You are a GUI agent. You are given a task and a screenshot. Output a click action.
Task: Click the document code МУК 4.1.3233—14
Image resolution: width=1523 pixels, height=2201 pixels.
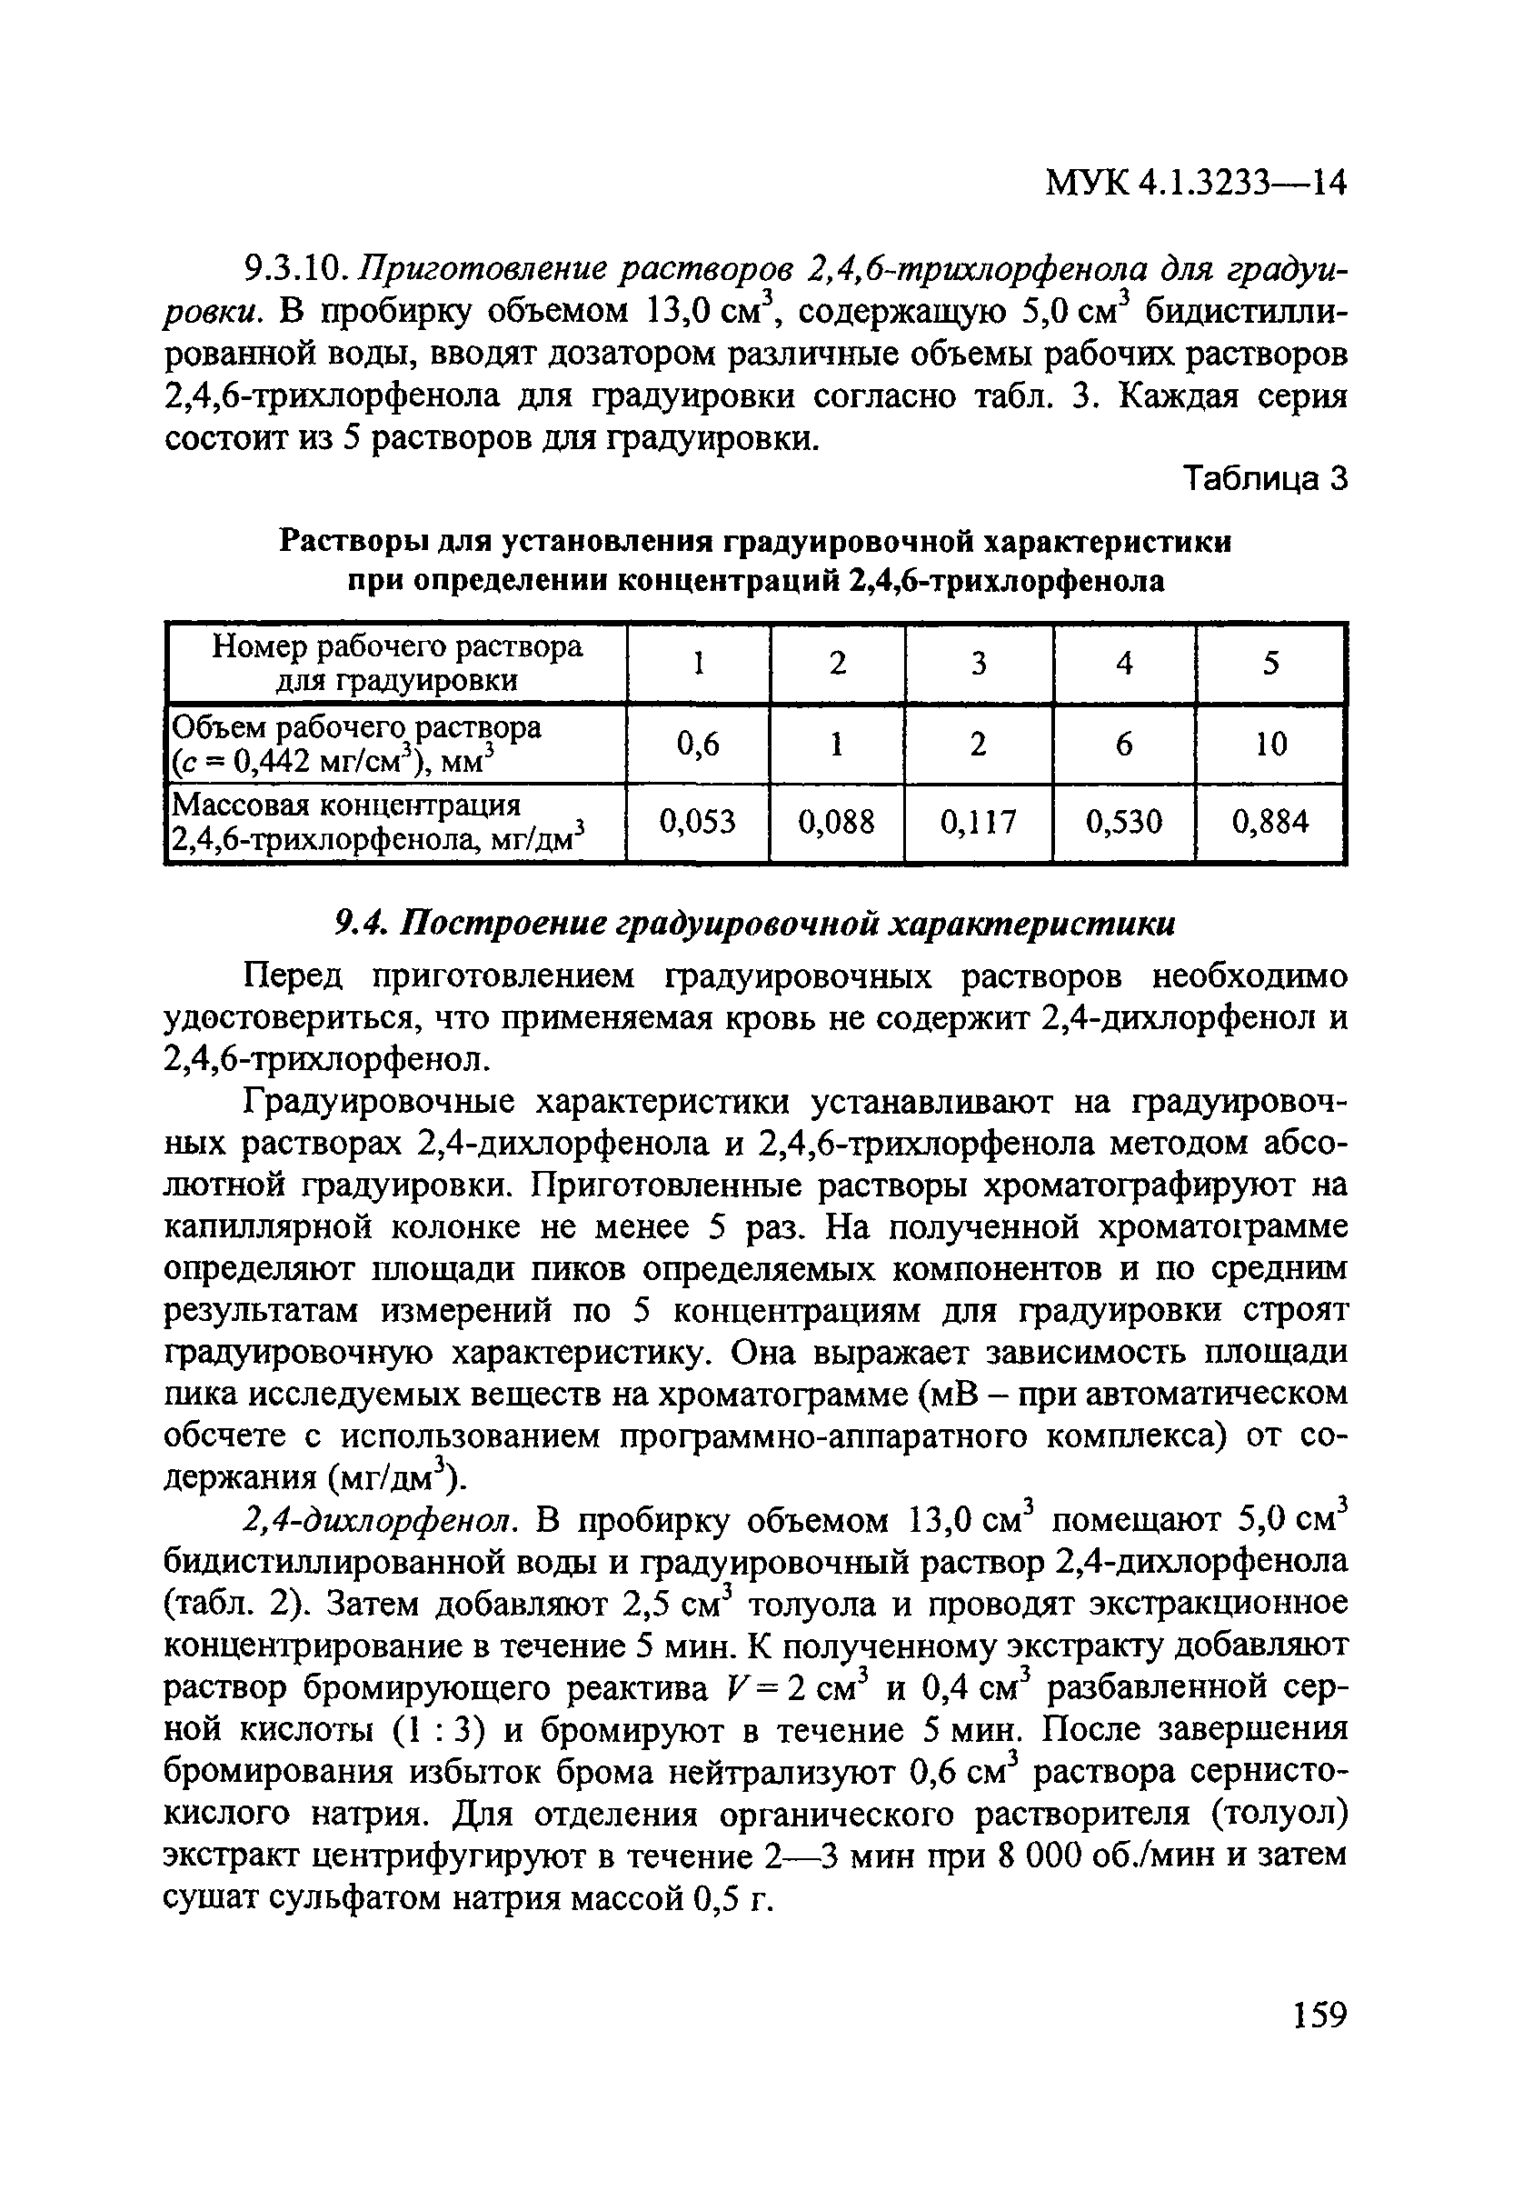click(1195, 181)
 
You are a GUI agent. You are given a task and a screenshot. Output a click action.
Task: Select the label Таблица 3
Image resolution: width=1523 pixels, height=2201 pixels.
click(1264, 478)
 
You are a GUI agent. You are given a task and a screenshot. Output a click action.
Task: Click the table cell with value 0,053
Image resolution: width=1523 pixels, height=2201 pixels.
click(698, 822)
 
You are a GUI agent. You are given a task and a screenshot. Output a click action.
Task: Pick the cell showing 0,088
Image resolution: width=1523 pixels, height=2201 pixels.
click(837, 822)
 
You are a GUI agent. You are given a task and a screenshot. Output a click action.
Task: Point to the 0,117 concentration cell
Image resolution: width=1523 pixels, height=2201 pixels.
click(978, 822)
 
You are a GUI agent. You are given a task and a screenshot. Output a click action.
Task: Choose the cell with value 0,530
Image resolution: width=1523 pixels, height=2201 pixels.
click(1124, 822)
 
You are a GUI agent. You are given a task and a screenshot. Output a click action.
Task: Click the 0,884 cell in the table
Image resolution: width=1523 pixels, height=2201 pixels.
click(1270, 822)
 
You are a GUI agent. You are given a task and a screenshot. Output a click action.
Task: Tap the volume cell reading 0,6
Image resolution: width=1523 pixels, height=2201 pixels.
click(698, 744)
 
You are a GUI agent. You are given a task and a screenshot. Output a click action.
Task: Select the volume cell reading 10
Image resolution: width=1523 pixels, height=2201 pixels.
click(1270, 744)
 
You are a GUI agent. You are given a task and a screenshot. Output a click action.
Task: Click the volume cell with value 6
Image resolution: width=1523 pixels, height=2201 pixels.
click(1124, 744)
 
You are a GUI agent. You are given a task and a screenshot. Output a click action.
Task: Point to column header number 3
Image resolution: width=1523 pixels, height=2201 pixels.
click(978, 664)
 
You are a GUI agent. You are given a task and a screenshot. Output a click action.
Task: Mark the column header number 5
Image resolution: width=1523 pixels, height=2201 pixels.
click(1270, 664)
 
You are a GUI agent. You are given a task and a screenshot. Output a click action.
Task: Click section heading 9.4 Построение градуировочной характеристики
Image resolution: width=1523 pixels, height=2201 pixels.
click(755, 923)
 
